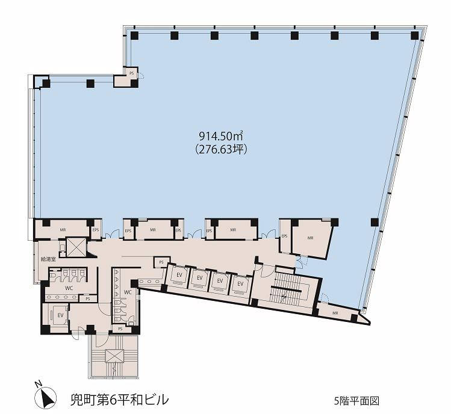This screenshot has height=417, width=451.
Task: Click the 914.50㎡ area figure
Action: [221, 135]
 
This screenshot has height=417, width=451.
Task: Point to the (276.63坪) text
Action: [221, 149]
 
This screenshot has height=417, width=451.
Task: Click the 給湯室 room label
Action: [48, 259]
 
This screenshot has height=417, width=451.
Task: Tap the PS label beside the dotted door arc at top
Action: [132, 73]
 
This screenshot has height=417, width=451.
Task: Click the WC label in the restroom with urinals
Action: [128, 292]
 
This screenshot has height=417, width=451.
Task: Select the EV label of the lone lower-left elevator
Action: [60, 315]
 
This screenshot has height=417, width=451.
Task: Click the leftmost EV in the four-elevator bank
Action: [179, 275]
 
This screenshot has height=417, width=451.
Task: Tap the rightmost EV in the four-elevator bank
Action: [240, 284]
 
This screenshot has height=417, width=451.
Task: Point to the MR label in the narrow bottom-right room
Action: [335, 314]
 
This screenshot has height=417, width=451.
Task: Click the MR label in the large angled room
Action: [310, 238]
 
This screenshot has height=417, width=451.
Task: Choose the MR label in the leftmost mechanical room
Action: [63, 230]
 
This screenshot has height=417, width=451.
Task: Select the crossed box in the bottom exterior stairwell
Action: [114, 356]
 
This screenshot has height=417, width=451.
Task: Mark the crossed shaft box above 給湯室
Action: [76, 247]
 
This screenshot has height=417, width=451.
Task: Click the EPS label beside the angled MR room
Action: [285, 236]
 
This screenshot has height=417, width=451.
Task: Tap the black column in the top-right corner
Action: [415, 35]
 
